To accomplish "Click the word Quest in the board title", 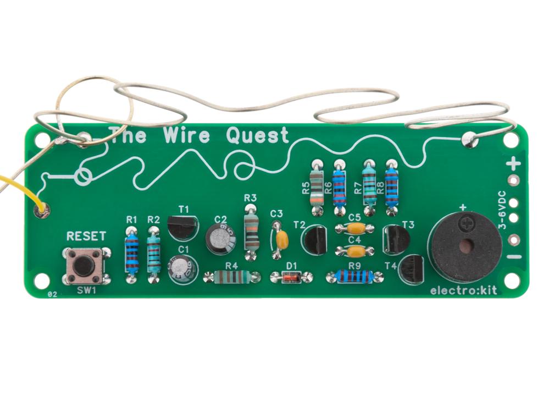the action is (258, 135).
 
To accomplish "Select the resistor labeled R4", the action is (232, 277).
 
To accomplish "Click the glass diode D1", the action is (291, 277).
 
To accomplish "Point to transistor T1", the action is (182, 228).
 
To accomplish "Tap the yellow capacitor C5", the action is (355, 228).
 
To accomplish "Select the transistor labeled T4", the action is (412, 270).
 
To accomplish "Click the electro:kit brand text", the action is (463, 290).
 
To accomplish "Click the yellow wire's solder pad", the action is (42, 211).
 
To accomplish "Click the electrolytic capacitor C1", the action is (183, 270).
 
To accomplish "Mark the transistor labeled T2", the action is (315, 240).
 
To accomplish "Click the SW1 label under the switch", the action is (86, 290).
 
